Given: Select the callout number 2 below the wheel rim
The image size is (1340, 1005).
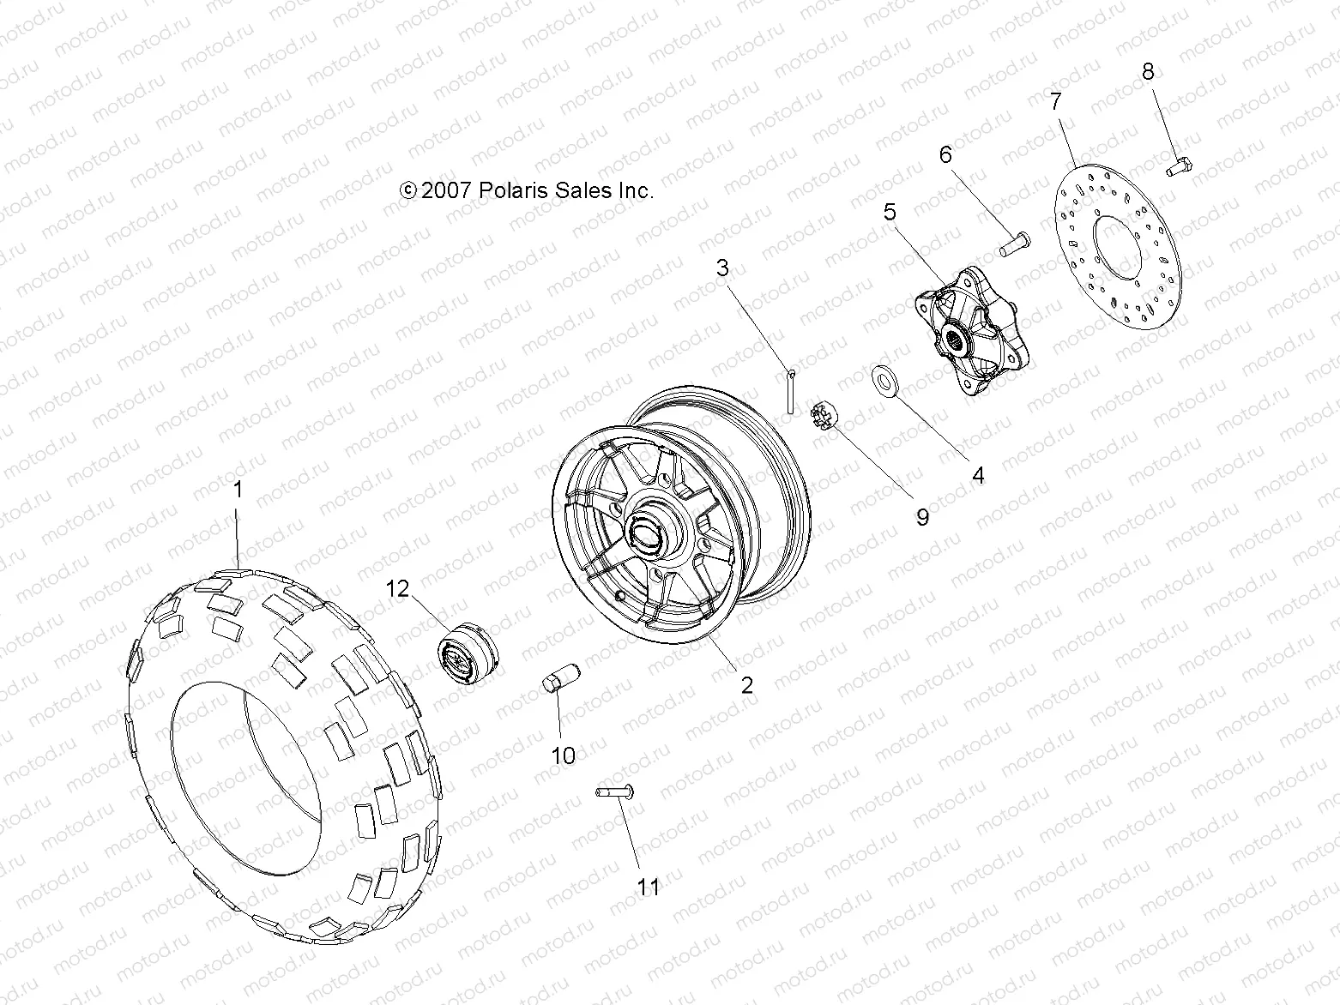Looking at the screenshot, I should pyautogui.click(x=746, y=683).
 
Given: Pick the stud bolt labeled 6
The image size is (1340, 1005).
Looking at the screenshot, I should pyautogui.click(x=1014, y=244).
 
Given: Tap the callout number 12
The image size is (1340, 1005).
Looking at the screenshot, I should pyautogui.click(x=398, y=588).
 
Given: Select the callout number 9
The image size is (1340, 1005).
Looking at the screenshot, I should pyautogui.click(x=922, y=517).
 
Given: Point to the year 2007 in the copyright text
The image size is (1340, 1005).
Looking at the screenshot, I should pyautogui.click(x=446, y=190).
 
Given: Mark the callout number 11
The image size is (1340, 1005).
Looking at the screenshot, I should pyautogui.click(x=650, y=886).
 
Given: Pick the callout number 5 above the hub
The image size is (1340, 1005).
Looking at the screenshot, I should pyautogui.click(x=890, y=210).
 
